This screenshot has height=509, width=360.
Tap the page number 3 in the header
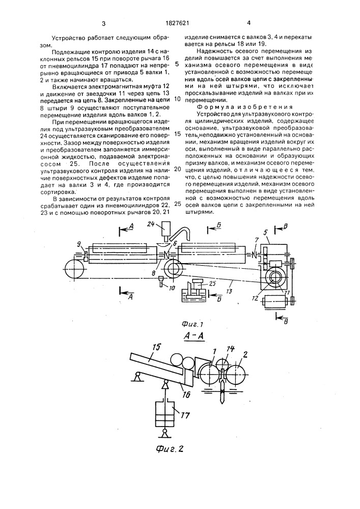[103, 23]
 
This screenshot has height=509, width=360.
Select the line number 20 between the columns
[177, 169]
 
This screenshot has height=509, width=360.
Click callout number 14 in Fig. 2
[231, 350]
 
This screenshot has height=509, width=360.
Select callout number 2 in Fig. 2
[245, 354]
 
